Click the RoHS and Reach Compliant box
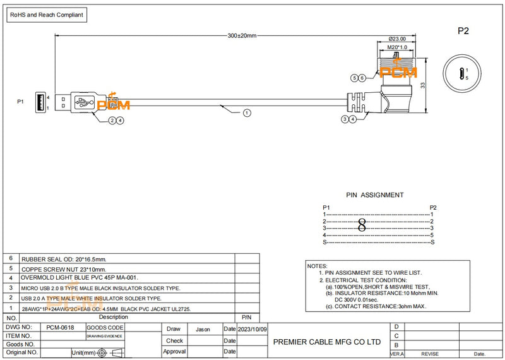[47, 15]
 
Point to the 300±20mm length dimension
[242, 35]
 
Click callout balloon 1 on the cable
[246, 113]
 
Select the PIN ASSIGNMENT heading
[375, 195]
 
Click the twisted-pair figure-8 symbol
[362, 225]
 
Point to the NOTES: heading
[317, 266]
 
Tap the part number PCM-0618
[61, 328]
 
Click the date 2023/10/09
[253, 329]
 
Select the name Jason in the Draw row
[203, 329]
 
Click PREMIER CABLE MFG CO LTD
[326, 342]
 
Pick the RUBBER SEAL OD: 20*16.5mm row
[64, 259]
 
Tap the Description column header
[114, 317]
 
